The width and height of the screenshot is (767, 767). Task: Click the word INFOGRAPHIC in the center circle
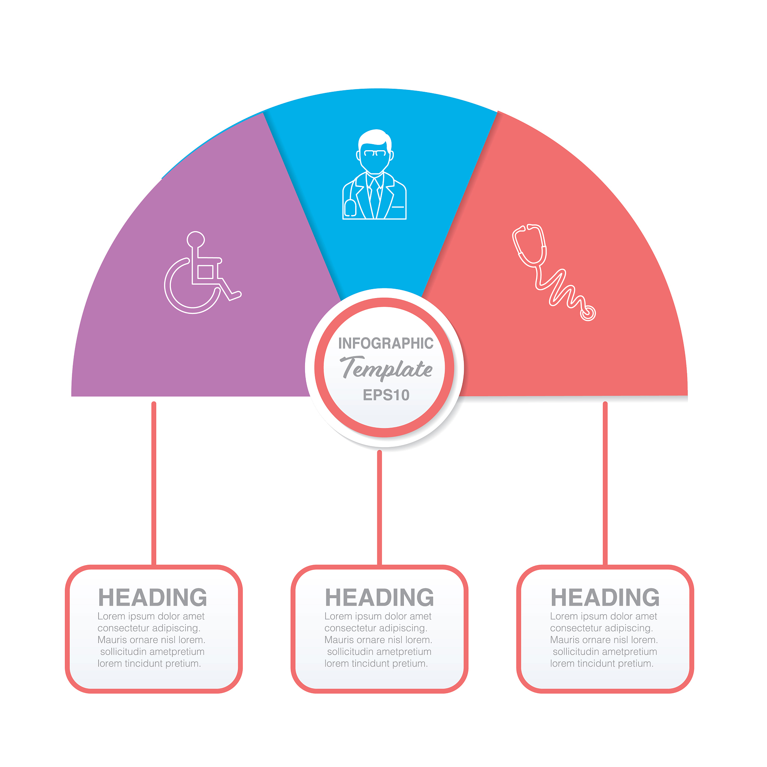coord(385,343)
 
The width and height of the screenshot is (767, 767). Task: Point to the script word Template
coord(386,369)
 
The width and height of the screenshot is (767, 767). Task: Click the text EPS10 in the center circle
coord(386,395)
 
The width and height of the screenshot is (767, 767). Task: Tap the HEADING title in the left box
coord(153,597)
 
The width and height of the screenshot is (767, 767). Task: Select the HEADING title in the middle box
coord(379,597)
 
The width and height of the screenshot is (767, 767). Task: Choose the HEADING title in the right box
coord(605,597)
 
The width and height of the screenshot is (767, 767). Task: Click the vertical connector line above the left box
coord(154,483)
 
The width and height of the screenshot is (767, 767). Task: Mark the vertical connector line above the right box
coord(605,483)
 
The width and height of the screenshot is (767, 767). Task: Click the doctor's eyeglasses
coord(375,153)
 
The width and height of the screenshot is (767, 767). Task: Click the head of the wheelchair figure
coord(196,239)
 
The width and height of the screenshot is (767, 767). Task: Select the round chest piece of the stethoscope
coord(588,313)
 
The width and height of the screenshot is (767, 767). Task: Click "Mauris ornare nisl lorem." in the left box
coord(151,640)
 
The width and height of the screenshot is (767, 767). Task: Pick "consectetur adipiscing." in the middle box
coord(376,628)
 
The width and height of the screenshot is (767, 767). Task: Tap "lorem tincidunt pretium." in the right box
coord(602,663)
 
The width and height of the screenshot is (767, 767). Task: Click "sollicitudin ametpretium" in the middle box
coord(379,652)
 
